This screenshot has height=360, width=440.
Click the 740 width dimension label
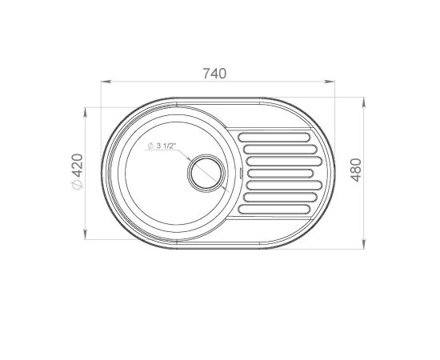click(214, 74)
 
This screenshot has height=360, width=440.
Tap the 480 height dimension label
click(356, 170)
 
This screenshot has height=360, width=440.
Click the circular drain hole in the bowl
click(206, 173)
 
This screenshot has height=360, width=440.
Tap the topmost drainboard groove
click(274, 138)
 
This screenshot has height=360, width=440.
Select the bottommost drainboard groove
click(274, 210)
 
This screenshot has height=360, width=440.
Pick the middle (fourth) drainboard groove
click(280, 174)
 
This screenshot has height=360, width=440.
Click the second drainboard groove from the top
click(280, 150)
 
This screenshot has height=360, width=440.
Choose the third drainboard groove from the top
click(284, 162)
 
